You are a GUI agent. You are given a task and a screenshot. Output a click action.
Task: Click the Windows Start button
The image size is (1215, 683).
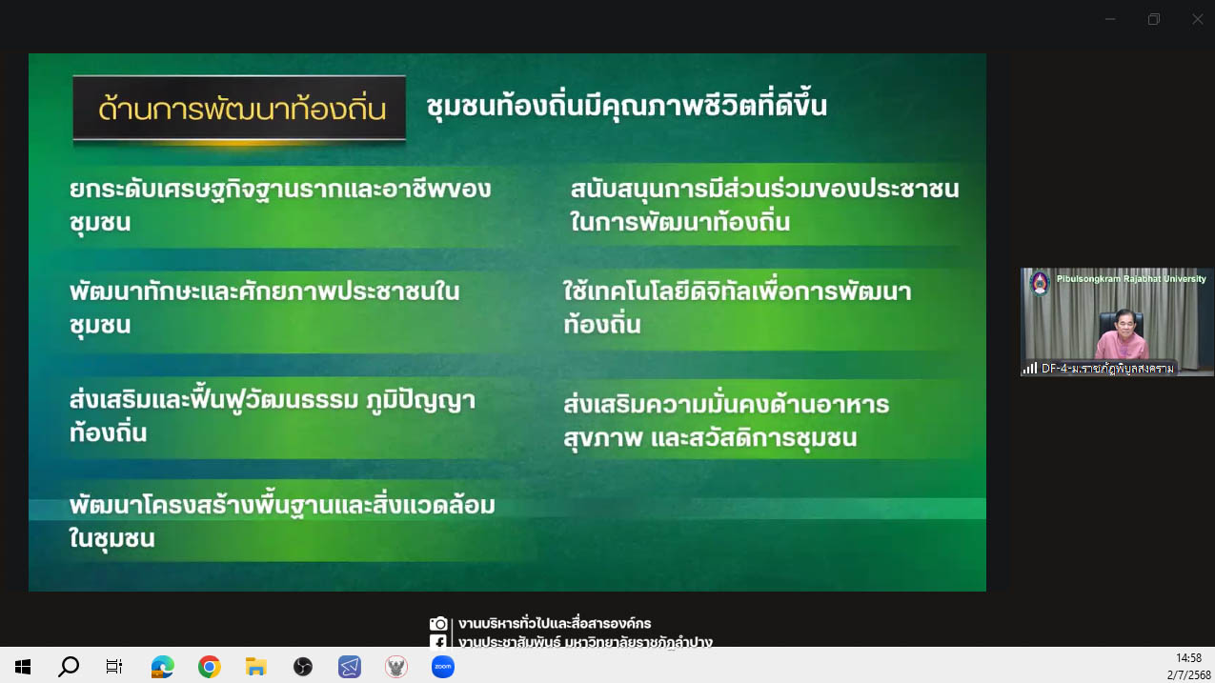(x=23, y=666)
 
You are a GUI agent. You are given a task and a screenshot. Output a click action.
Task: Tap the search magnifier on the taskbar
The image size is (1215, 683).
(x=69, y=666)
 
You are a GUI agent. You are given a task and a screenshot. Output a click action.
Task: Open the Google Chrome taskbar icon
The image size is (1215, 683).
(x=210, y=666)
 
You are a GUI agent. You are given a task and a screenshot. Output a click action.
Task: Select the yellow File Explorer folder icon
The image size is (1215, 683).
(x=256, y=666)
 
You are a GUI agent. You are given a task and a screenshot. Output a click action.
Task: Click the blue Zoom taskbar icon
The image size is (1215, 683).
(x=442, y=666)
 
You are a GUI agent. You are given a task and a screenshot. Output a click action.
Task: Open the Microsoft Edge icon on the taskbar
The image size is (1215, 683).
(x=163, y=666)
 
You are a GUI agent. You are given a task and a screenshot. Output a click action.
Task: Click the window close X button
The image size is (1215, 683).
(x=1198, y=19)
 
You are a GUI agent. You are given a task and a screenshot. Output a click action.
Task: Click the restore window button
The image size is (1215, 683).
(x=1154, y=19)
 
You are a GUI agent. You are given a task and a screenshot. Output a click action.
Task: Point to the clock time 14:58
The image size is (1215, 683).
(x=1188, y=657)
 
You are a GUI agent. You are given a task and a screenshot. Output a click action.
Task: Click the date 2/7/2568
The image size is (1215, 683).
(x=1188, y=674)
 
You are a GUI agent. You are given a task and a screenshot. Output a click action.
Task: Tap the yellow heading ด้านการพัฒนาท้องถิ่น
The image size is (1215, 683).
(x=242, y=109)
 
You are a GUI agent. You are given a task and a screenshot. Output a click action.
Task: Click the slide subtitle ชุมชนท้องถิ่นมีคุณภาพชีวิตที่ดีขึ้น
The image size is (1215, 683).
(x=626, y=105)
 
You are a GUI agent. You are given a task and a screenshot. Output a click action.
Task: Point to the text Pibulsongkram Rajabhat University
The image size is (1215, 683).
(x=1131, y=278)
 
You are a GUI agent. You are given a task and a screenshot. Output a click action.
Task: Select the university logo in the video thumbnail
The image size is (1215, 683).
(x=1040, y=282)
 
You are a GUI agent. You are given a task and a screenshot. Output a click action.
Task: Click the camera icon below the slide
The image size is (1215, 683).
(x=438, y=623)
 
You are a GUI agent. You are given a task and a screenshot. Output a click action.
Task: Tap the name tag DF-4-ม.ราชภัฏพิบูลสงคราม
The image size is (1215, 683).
(x=1107, y=369)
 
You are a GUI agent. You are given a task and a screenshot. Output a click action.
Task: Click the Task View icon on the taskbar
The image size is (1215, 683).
(x=114, y=666)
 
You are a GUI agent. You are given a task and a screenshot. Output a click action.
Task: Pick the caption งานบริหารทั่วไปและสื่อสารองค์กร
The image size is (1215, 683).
(x=555, y=623)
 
